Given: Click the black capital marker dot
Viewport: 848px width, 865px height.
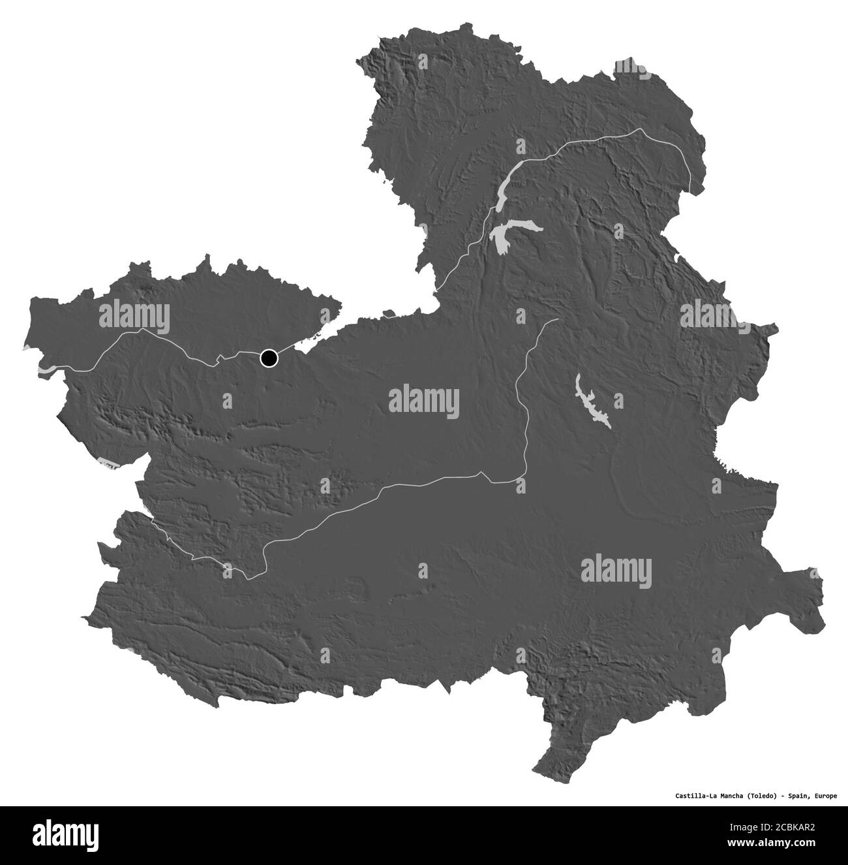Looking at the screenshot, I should coord(269,358).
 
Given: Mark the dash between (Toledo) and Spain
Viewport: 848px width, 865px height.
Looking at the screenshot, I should coord(780,796).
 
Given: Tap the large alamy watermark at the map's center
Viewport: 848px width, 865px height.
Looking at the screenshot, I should coord(423,402).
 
